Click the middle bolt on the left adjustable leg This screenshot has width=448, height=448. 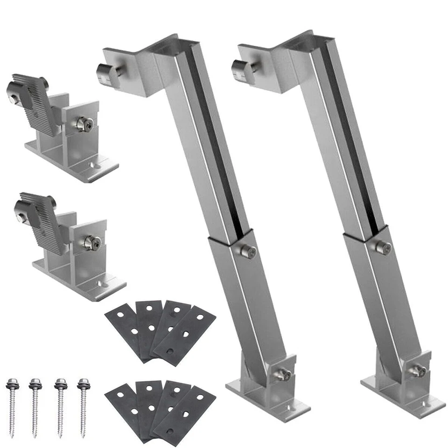click(249, 251)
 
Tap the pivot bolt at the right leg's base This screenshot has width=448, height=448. click(417, 370)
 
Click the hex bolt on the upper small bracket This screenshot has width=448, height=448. click(85, 124)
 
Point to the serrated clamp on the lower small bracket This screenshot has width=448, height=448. click(42, 219)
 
